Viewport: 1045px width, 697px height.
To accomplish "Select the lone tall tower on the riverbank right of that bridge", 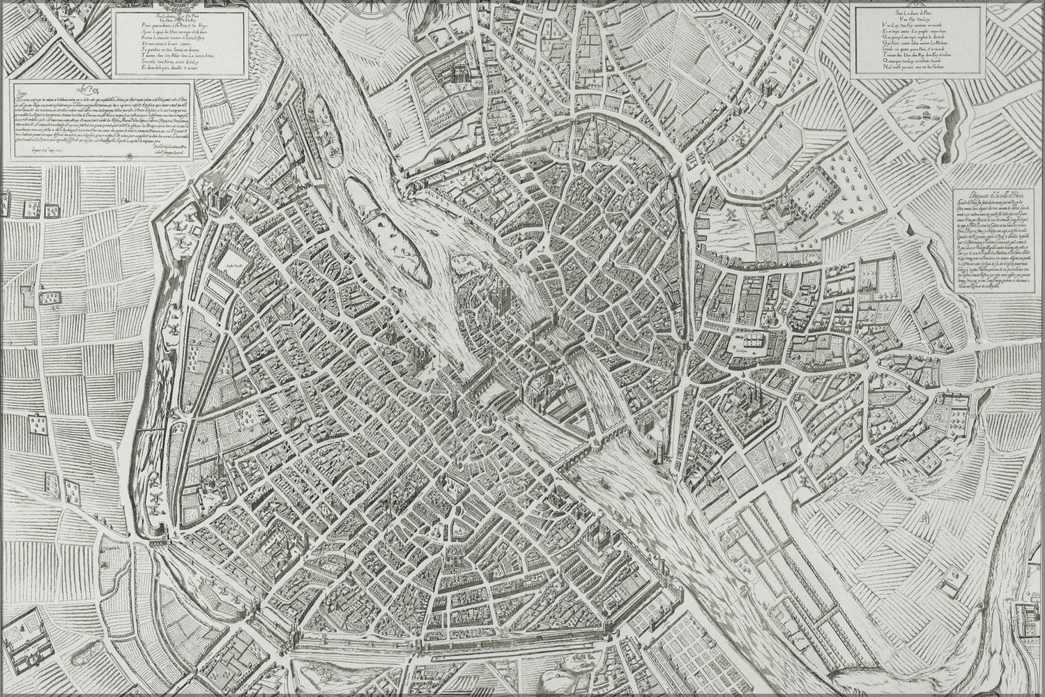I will tap(657, 446).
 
